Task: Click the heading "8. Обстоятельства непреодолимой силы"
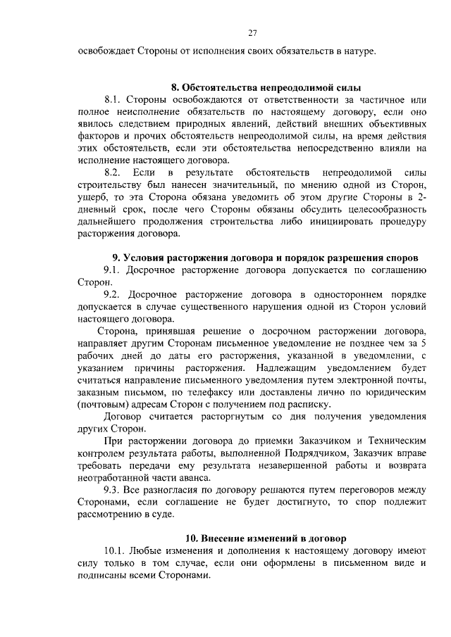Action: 266,88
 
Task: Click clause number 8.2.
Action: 113,172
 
